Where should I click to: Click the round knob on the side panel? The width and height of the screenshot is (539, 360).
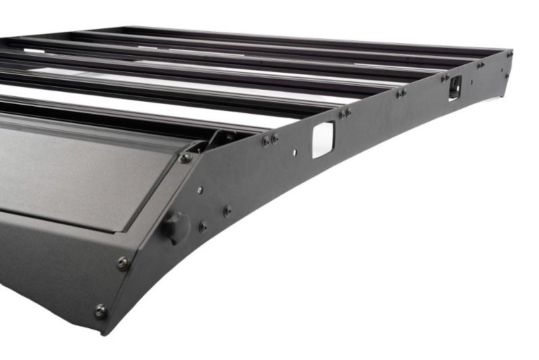[177, 227]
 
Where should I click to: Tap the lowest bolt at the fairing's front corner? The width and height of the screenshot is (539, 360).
[100, 311]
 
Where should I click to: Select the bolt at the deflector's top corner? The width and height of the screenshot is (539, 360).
[185, 158]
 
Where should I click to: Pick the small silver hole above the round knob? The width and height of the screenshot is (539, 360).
[200, 190]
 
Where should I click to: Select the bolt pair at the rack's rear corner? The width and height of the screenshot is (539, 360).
[480, 65]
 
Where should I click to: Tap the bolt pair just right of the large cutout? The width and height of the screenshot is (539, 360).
[344, 113]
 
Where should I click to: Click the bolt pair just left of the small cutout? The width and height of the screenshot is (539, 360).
[445, 78]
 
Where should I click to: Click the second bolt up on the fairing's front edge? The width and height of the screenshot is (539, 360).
[123, 263]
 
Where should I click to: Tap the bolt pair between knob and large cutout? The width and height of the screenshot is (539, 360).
[270, 140]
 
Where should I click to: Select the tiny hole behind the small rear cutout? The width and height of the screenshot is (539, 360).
[472, 82]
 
